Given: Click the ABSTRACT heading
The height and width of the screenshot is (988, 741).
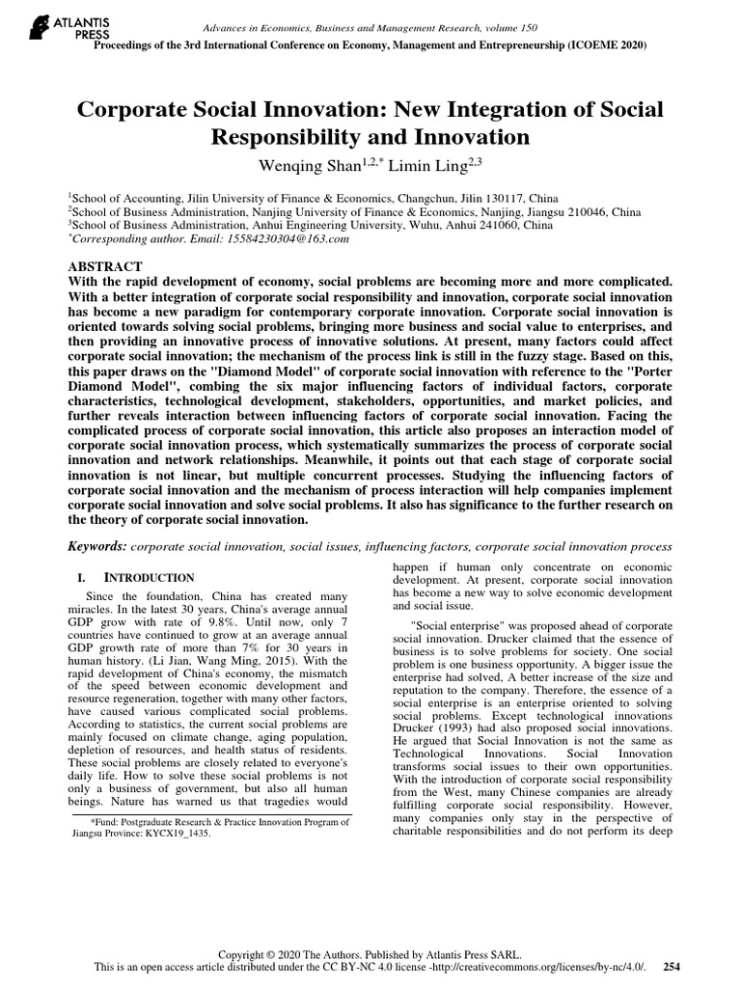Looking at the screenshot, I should tap(106, 265).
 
